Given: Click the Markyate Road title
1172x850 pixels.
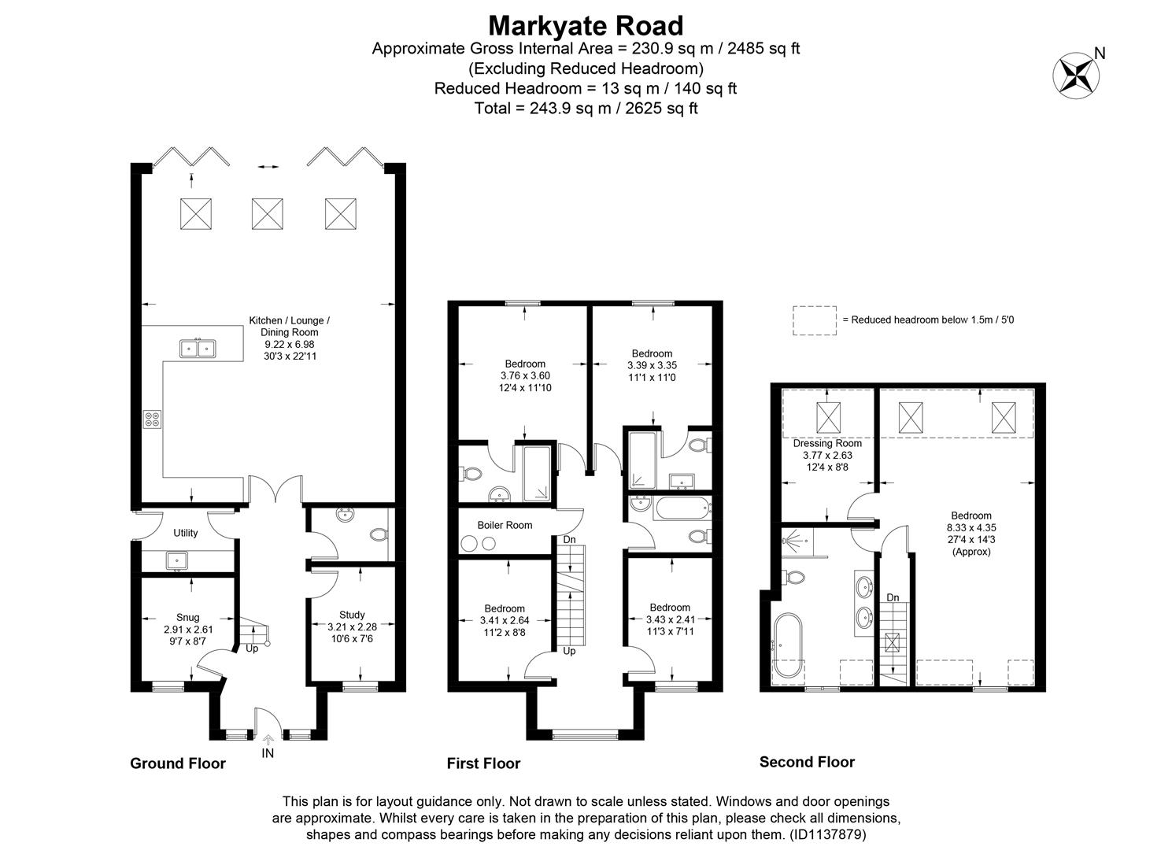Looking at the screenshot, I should pyautogui.click(x=586, y=25).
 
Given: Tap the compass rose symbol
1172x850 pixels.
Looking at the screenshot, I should pyautogui.click(x=1075, y=74).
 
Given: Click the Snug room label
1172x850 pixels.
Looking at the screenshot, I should pyautogui.click(x=187, y=617).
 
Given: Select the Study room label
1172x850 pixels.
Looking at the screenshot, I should pyautogui.click(x=352, y=615).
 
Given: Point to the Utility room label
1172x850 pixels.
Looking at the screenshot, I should pyautogui.click(x=186, y=533).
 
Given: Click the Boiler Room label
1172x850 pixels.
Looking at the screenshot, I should pyautogui.click(x=505, y=525).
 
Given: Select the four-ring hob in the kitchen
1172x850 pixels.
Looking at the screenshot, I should pyautogui.click(x=151, y=419).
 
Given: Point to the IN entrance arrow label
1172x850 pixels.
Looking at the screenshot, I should pyautogui.click(x=268, y=753).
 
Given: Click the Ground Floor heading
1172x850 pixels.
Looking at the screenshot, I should pyautogui.click(x=177, y=763).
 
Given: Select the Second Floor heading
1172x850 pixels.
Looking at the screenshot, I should pyautogui.click(x=807, y=762).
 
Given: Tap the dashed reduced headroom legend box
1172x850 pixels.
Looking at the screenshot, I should pyautogui.click(x=814, y=320).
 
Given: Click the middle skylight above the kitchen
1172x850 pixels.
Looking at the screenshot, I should pyautogui.click(x=267, y=213).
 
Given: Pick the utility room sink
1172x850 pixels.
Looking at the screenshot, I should pyautogui.click(x=176, y=560).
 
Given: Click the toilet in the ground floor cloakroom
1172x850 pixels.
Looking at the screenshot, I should pyautogui.click(x=378, y=535).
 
